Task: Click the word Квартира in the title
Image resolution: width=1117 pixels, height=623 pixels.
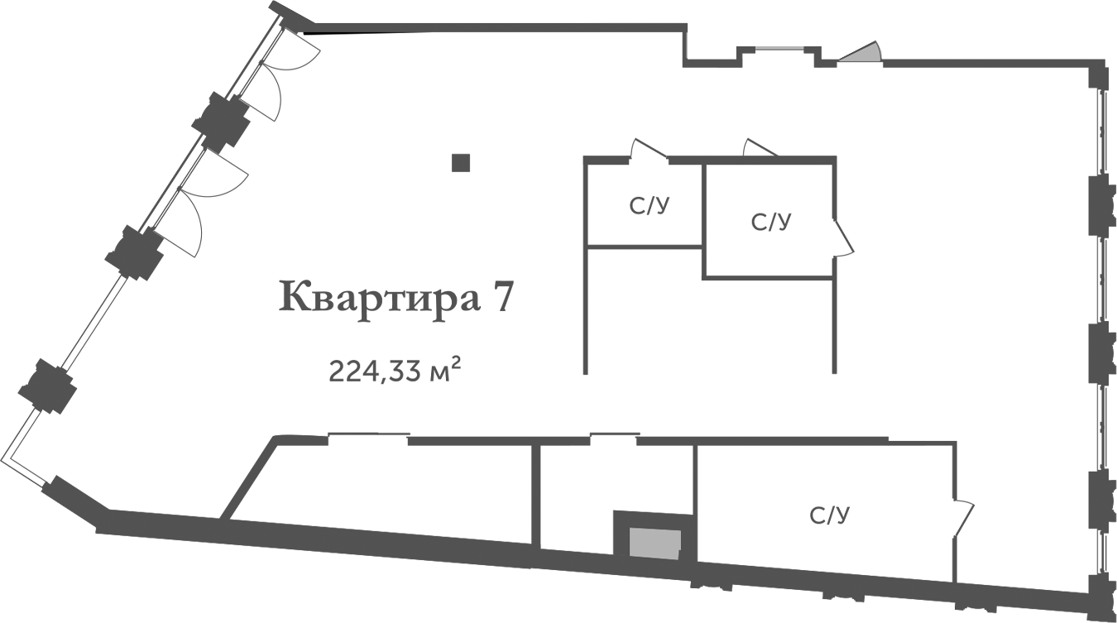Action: point(380,297)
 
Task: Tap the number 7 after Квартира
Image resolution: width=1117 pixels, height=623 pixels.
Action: point(504,297)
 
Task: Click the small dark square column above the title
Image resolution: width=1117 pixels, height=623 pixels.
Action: point(461,163)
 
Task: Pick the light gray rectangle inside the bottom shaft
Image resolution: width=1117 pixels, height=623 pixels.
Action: point(655,544)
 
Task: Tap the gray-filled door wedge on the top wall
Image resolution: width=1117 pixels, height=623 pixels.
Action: point(862,54)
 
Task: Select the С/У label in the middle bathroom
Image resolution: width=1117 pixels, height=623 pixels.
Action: point(771,222)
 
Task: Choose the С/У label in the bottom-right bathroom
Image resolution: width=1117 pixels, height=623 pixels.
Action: point(830,516)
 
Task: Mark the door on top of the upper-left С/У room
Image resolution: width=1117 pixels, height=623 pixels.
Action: point(647,149)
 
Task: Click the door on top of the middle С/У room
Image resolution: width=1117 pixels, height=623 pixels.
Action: point(758,148)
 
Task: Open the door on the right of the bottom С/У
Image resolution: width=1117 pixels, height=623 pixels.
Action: point(963,518)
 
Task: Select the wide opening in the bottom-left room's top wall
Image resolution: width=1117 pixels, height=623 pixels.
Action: point(368,438)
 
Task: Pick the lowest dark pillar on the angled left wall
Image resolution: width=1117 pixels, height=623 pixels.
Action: point(48,386)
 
